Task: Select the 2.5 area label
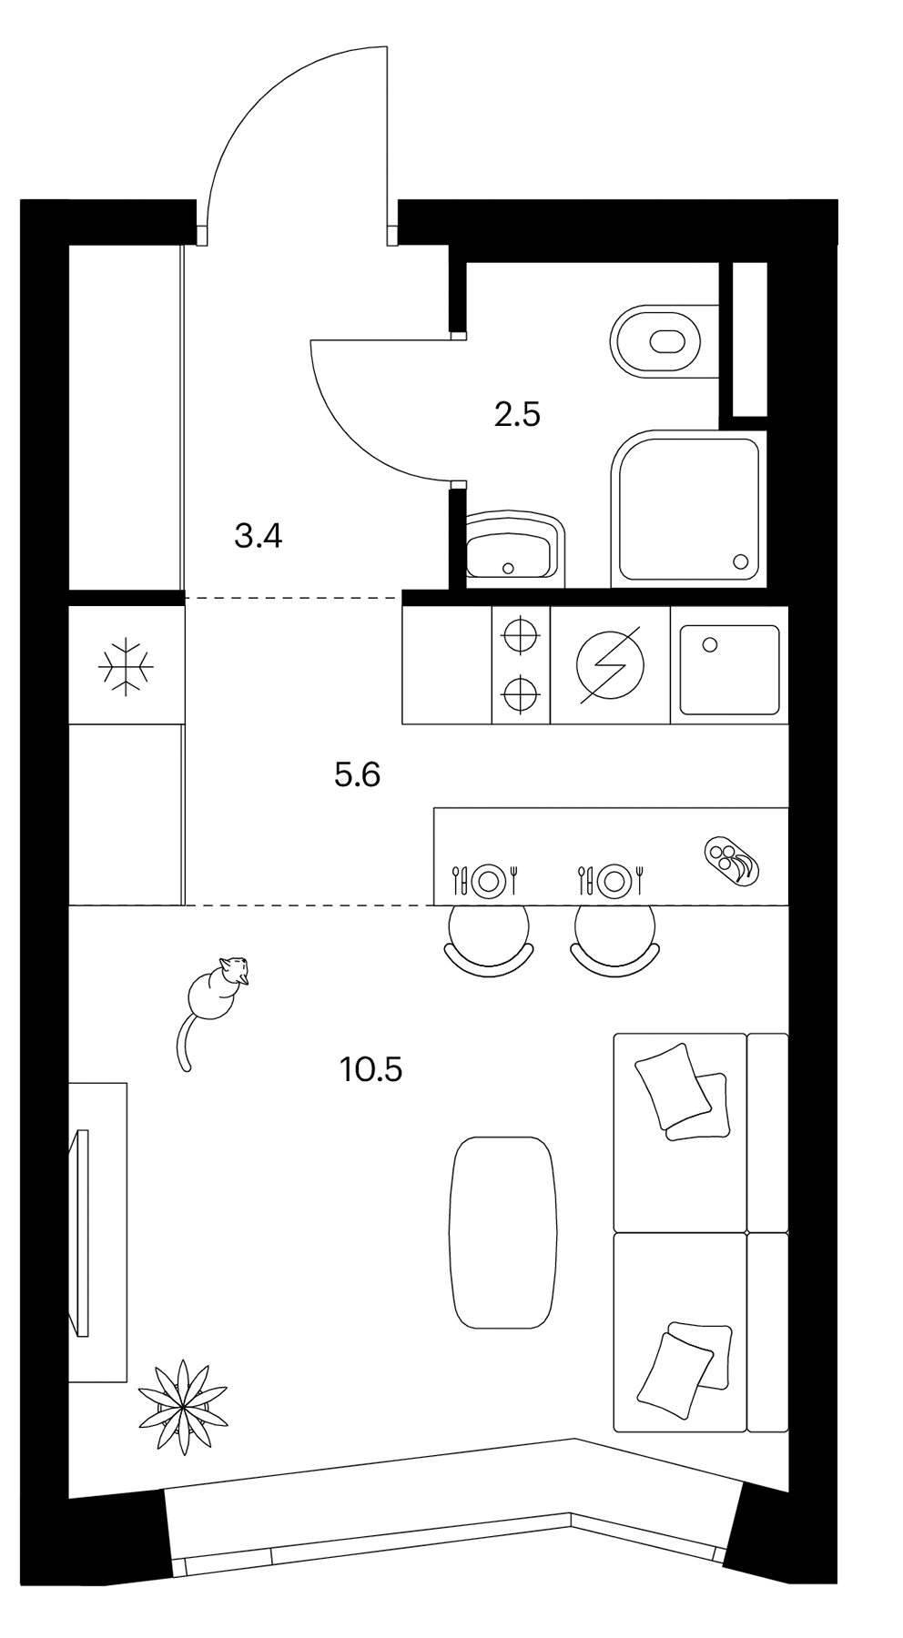tap(517, 415)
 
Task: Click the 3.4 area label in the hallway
tap(259, 537)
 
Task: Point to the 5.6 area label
tap(358, 775)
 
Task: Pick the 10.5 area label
tap(371, 1069)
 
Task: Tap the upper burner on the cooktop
tap(521, 634)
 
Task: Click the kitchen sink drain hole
tap(710, 644)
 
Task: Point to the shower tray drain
tap(740, 561)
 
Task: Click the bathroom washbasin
tap(513, 547)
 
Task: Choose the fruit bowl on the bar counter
tap(730, 859)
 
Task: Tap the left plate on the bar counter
tap(489, 879)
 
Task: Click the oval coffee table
tap(502, 1232)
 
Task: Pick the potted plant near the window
tap(183, 1407)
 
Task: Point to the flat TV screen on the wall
tap(82, 1232)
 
